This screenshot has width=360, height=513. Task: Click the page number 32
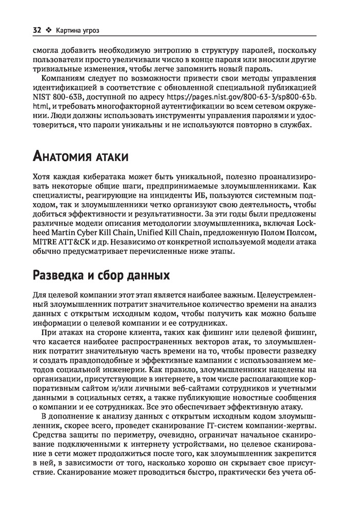tap(36, 30)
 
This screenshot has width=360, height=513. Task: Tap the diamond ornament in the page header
tap(49, 30)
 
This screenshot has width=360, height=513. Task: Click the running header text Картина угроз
tap(78, 30)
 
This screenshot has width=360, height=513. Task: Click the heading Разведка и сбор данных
tap(101, 275)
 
